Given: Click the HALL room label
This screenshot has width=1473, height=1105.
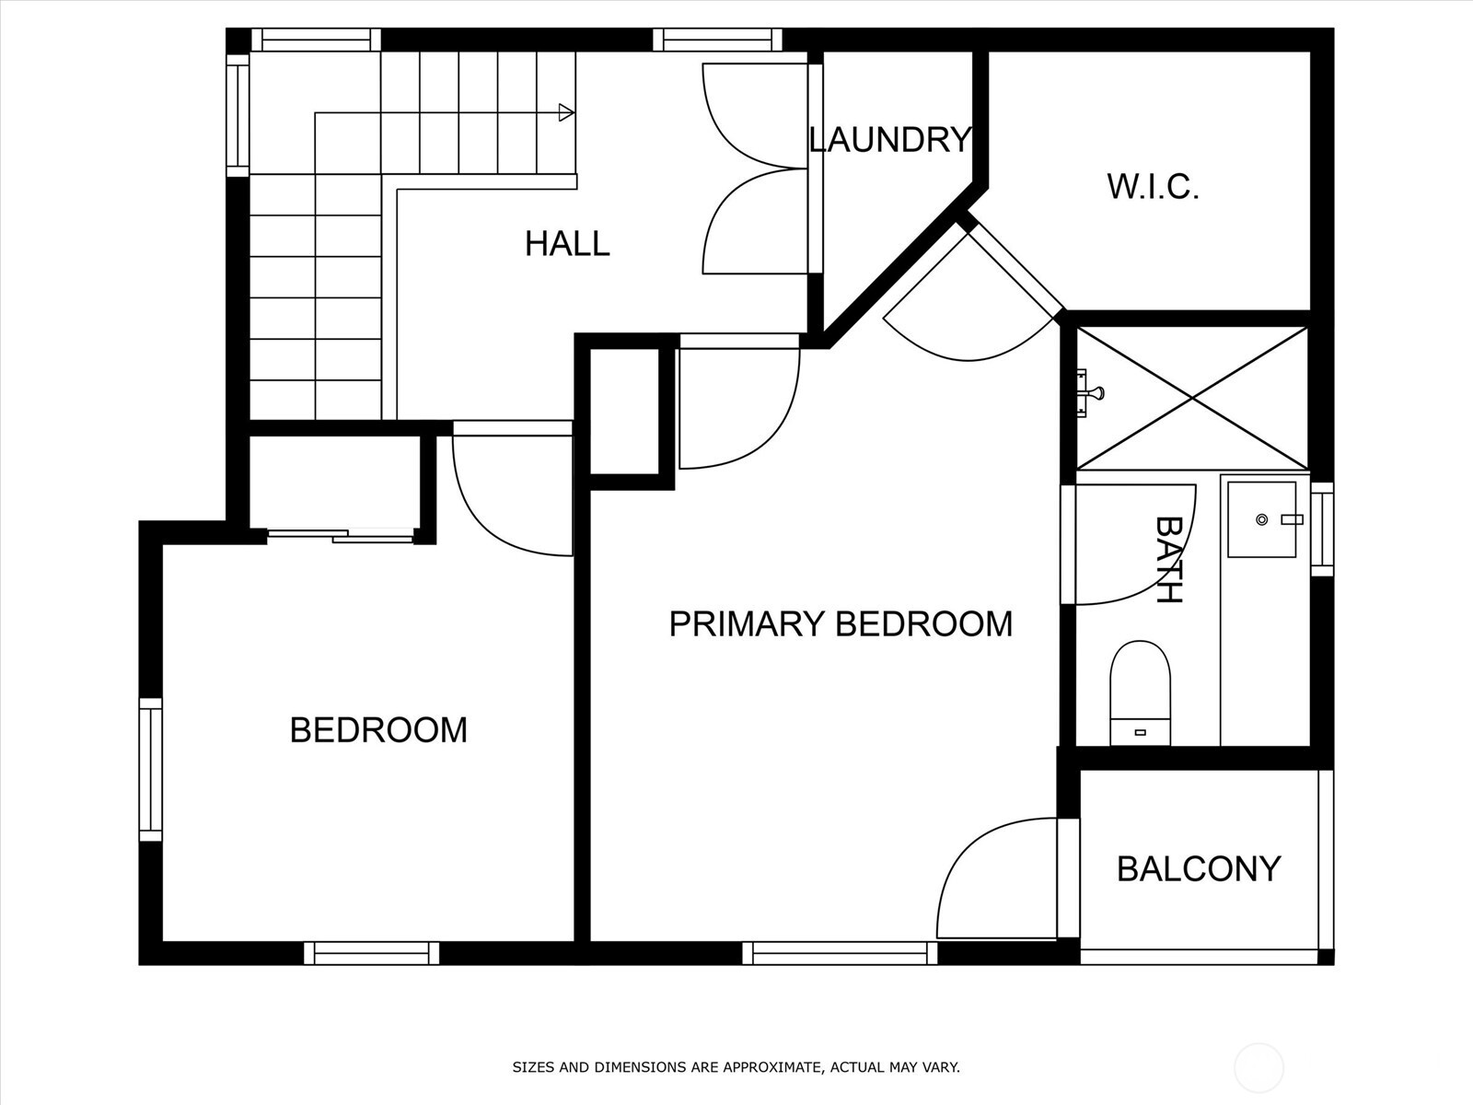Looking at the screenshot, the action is (x=567, y=243).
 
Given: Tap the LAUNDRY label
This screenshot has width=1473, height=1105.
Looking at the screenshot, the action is (x=890, y=140).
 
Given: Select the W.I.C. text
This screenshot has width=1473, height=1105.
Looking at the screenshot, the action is (x=1153, y=187).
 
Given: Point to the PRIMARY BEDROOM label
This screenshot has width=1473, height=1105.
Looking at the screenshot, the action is (x=841, y=624).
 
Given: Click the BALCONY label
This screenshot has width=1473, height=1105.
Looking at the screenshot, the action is (x=1200, y=869).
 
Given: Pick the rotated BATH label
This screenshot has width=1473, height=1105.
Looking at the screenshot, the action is (x=1168, y=560).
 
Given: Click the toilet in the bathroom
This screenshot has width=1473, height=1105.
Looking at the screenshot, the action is (x=1140, y=693).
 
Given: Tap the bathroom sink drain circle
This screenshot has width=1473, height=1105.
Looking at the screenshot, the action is (x=1261, y=519).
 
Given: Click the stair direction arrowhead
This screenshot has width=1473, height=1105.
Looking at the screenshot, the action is (x=566, y=112).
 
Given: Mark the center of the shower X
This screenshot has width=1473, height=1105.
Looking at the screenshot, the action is (x=1192, y=399).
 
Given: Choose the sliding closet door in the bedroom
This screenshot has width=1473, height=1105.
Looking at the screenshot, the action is (x=341, y=535).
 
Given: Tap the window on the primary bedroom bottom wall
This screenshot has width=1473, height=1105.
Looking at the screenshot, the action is (x=840, y=953).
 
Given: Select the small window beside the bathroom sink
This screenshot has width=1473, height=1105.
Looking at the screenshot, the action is (x=1322, y=529).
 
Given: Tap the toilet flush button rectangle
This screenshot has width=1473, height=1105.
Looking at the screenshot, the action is (x=1140, y=733).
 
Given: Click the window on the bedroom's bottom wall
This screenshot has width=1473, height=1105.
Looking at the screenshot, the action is (x=371, y=953).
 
